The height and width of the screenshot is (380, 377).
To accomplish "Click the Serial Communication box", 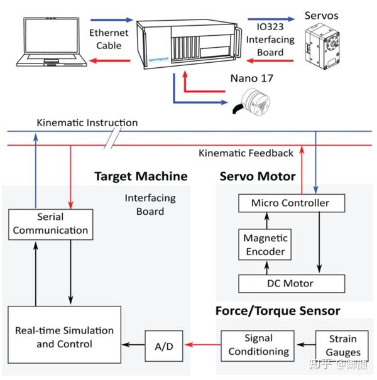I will click(x=50, y=224).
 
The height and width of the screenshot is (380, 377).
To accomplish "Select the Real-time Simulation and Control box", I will click(x=65, y=337).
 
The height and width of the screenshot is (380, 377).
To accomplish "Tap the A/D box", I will click(x=163, y=345).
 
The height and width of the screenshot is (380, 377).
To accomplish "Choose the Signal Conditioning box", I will click(x=258, y=345).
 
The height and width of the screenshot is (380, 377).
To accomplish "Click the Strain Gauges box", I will click(x=343, y=345).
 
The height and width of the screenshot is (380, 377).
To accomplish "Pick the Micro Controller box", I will click(x=290, y=204).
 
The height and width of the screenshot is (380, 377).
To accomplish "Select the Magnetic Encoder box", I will click(x=265, y=244).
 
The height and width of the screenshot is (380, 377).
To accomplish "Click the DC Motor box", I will click(x=290, y=283).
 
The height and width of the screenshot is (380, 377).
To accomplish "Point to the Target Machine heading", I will click(x=141, y=176).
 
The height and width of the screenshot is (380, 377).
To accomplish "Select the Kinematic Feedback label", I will click(x=246, y=153).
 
